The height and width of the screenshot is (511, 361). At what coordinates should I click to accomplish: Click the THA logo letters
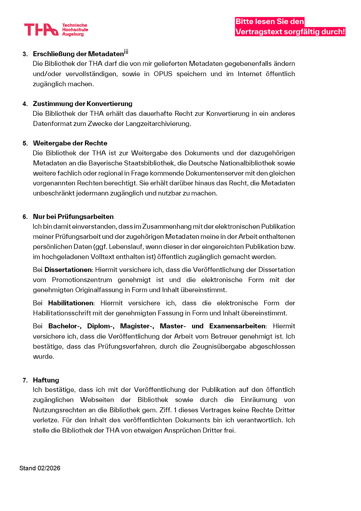[41, 30]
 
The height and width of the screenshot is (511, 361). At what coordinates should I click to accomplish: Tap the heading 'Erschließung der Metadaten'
[78, 54]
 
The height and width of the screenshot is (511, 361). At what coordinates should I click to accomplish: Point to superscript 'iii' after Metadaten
[126, 52]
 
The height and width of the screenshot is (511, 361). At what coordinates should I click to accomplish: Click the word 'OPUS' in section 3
[163, 74]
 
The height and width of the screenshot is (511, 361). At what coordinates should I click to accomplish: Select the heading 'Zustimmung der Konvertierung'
[82, 104]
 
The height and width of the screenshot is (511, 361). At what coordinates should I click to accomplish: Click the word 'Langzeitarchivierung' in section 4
[158, 124]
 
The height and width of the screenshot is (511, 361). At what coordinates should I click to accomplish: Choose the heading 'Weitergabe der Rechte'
[70, 143]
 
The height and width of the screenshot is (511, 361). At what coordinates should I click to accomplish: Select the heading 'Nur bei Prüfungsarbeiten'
[73, 217]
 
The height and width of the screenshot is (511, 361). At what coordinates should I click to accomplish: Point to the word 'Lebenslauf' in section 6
[124, 247]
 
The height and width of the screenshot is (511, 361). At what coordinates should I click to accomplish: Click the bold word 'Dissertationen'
[68, 270]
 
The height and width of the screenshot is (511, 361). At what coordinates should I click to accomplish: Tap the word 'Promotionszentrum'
[82, 280]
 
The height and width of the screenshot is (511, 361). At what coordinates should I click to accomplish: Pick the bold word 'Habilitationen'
[71, 303]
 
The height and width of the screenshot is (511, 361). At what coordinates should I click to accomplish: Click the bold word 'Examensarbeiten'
[237, 326]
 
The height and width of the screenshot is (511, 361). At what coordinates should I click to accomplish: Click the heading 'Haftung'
[46, 380]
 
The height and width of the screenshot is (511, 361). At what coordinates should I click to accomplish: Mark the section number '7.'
[25, 380]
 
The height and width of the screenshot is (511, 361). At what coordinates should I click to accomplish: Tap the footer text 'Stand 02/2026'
[40, 468]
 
